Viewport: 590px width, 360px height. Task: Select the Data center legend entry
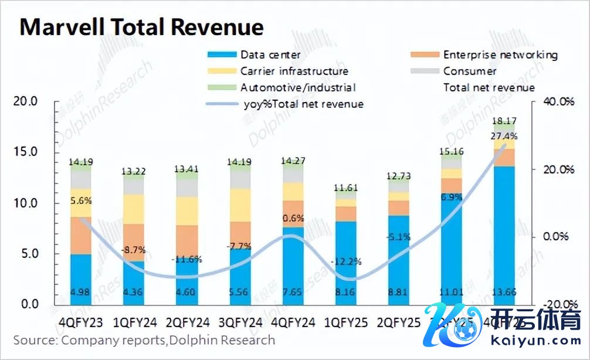(270, 55)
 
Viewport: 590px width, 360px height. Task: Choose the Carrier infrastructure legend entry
(294, 72)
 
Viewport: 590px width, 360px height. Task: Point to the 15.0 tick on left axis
(25, 152)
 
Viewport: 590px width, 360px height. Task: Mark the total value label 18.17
(504, 121)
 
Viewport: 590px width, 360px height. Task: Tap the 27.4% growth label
(504, 137)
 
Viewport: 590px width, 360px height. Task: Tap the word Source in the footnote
(33, 340)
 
